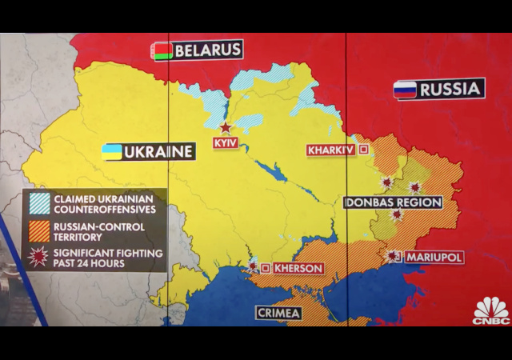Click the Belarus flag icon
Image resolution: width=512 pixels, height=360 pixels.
tap(162, 51)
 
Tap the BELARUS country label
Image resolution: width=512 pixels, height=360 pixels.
tap(207, 50)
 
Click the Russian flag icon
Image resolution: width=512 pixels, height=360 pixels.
tap(404, 89)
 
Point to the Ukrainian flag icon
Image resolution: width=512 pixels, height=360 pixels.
tap(111, 151)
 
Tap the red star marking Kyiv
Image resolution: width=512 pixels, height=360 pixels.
tap(226, 127)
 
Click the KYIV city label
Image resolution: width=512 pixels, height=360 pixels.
tap(226, 142)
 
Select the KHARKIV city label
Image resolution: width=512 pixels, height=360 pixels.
tap(330, 150)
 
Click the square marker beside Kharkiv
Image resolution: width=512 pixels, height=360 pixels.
tap(364, 150)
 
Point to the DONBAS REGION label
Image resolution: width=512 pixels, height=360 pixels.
tap(393, 202)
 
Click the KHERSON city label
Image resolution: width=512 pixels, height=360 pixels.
tap(298, 268)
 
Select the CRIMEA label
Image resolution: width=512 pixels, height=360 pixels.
tap(278, 313)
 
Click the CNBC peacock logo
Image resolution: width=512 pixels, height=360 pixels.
tap(490, 310)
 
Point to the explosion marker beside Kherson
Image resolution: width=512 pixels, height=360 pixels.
tap(254, 267)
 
